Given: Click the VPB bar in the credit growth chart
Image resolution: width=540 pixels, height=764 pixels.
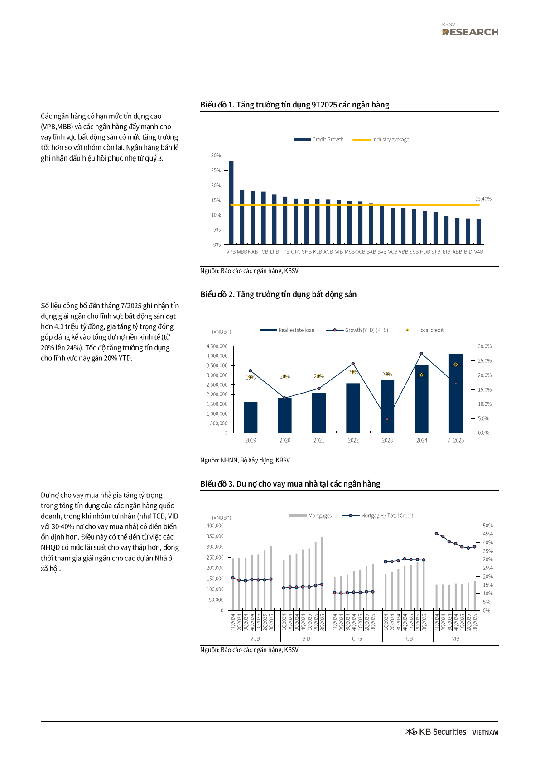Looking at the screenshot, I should pyautogui.click(x=231, y=203).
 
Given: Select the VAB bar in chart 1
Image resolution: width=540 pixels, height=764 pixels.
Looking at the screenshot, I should pyautogui.click(x=478, y=232).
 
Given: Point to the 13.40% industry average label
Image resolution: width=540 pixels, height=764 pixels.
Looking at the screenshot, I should pyautogui.click(x=483, y=199).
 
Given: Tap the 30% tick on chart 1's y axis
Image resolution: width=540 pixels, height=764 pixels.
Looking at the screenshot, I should pyautogui.click(x=216, y=156).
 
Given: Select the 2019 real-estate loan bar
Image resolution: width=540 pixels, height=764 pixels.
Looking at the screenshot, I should pyautogui.click(x=251, y=417).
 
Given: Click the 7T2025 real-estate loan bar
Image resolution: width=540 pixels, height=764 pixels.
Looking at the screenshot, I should pyautogui.click(x=456, y=393).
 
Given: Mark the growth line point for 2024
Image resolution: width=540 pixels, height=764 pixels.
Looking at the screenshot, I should pyautogui.click(x=421, y=354).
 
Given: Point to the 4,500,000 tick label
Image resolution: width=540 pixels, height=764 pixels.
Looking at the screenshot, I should pyautogui.click(x=217, y=346).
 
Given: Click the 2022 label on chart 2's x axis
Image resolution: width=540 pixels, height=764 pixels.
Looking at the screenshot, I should pyautogui.click(x=353, y=440).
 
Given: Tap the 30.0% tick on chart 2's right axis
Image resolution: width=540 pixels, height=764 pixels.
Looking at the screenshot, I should pyautogui.click(x=484, y=346).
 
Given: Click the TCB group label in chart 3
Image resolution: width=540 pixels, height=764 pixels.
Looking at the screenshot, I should pyautogui.click(x=408, y=638).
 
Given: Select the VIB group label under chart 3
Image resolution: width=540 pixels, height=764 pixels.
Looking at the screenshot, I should pyautogui.click(x=455, y=638).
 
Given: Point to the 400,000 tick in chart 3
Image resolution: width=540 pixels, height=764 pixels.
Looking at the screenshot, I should pyautogui.click(x=215, y=526).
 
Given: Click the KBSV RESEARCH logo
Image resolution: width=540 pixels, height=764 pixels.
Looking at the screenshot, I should pyautogui.click(x=470, y=29).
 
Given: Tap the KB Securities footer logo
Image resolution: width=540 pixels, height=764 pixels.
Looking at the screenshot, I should pyautogui.click(x=452, y=732).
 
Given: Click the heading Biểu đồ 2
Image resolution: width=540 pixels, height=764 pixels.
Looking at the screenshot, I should pyautogui.click(x=278, y=294).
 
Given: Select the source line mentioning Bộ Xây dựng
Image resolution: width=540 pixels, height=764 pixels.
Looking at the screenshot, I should pyautogui.click(x=245, y=460).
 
